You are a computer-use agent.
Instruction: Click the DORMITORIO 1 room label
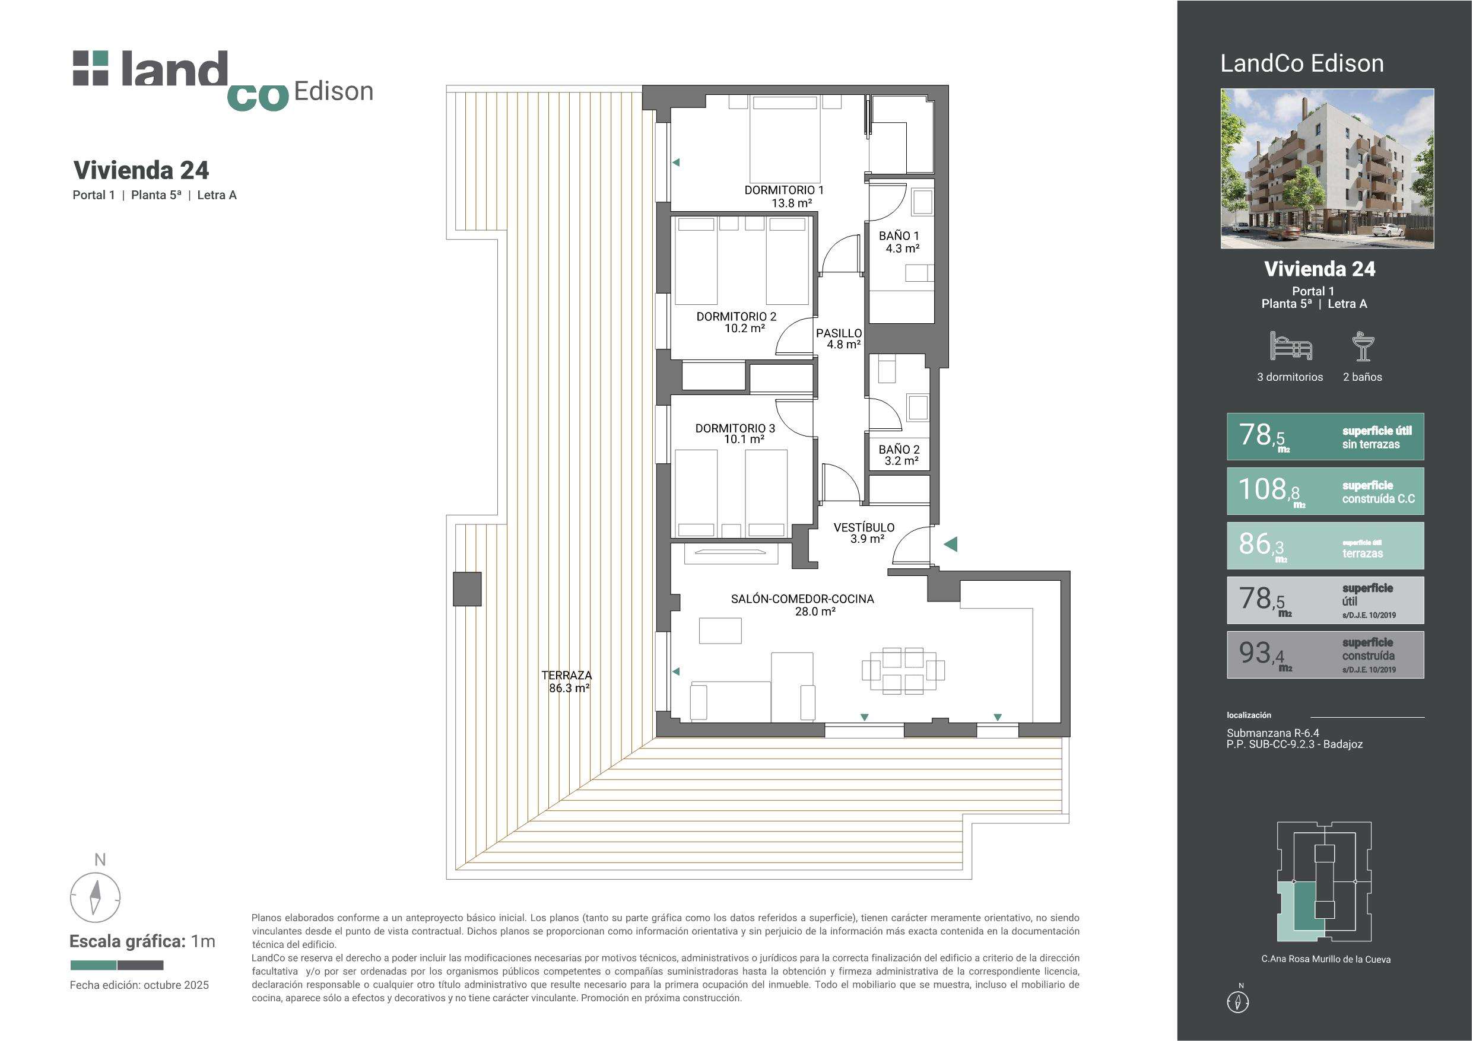(784, 196)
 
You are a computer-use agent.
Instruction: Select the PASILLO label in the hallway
(839, 339)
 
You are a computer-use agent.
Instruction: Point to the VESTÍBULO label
(864, 533)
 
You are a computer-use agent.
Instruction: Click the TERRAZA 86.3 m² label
(567, 681)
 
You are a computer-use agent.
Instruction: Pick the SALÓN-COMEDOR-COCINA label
(802, 605)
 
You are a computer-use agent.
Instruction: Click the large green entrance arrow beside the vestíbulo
(950, 544)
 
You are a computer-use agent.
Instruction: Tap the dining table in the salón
(903, 671)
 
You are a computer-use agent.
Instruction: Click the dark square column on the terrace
(467, 589)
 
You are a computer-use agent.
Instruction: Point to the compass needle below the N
(96, 897)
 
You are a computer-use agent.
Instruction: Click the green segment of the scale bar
(93, 965)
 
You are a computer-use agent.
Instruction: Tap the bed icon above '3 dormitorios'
(1290, 346)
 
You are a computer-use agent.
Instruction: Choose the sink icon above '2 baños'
(1363, 346)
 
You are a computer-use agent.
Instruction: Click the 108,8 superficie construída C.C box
(1325, 491)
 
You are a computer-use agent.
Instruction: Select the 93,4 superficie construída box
(1325, 655)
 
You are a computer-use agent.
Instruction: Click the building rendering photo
(1328, 168)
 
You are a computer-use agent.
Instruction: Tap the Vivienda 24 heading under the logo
(141, 171)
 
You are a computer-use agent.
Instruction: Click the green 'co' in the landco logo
(258, 97)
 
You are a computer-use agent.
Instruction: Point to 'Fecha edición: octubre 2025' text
(139, 985)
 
